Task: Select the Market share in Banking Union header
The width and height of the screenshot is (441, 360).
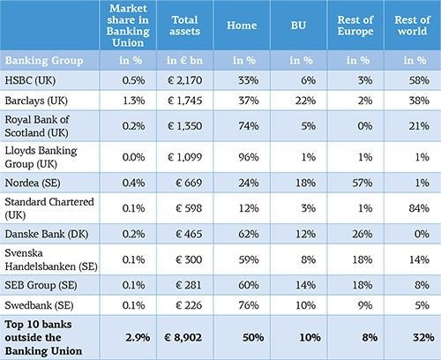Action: [x=128, y=26]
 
